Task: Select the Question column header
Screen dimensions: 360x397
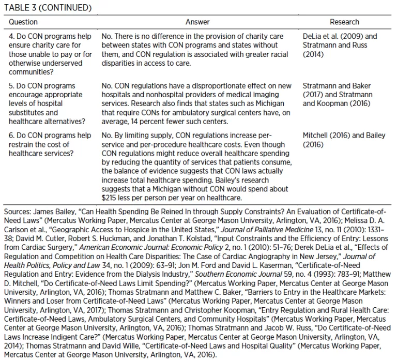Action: [23, 22]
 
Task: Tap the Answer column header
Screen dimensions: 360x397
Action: [197, 22]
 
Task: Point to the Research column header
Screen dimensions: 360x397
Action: [344, 22]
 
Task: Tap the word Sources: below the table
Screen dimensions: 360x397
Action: [18, 213]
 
